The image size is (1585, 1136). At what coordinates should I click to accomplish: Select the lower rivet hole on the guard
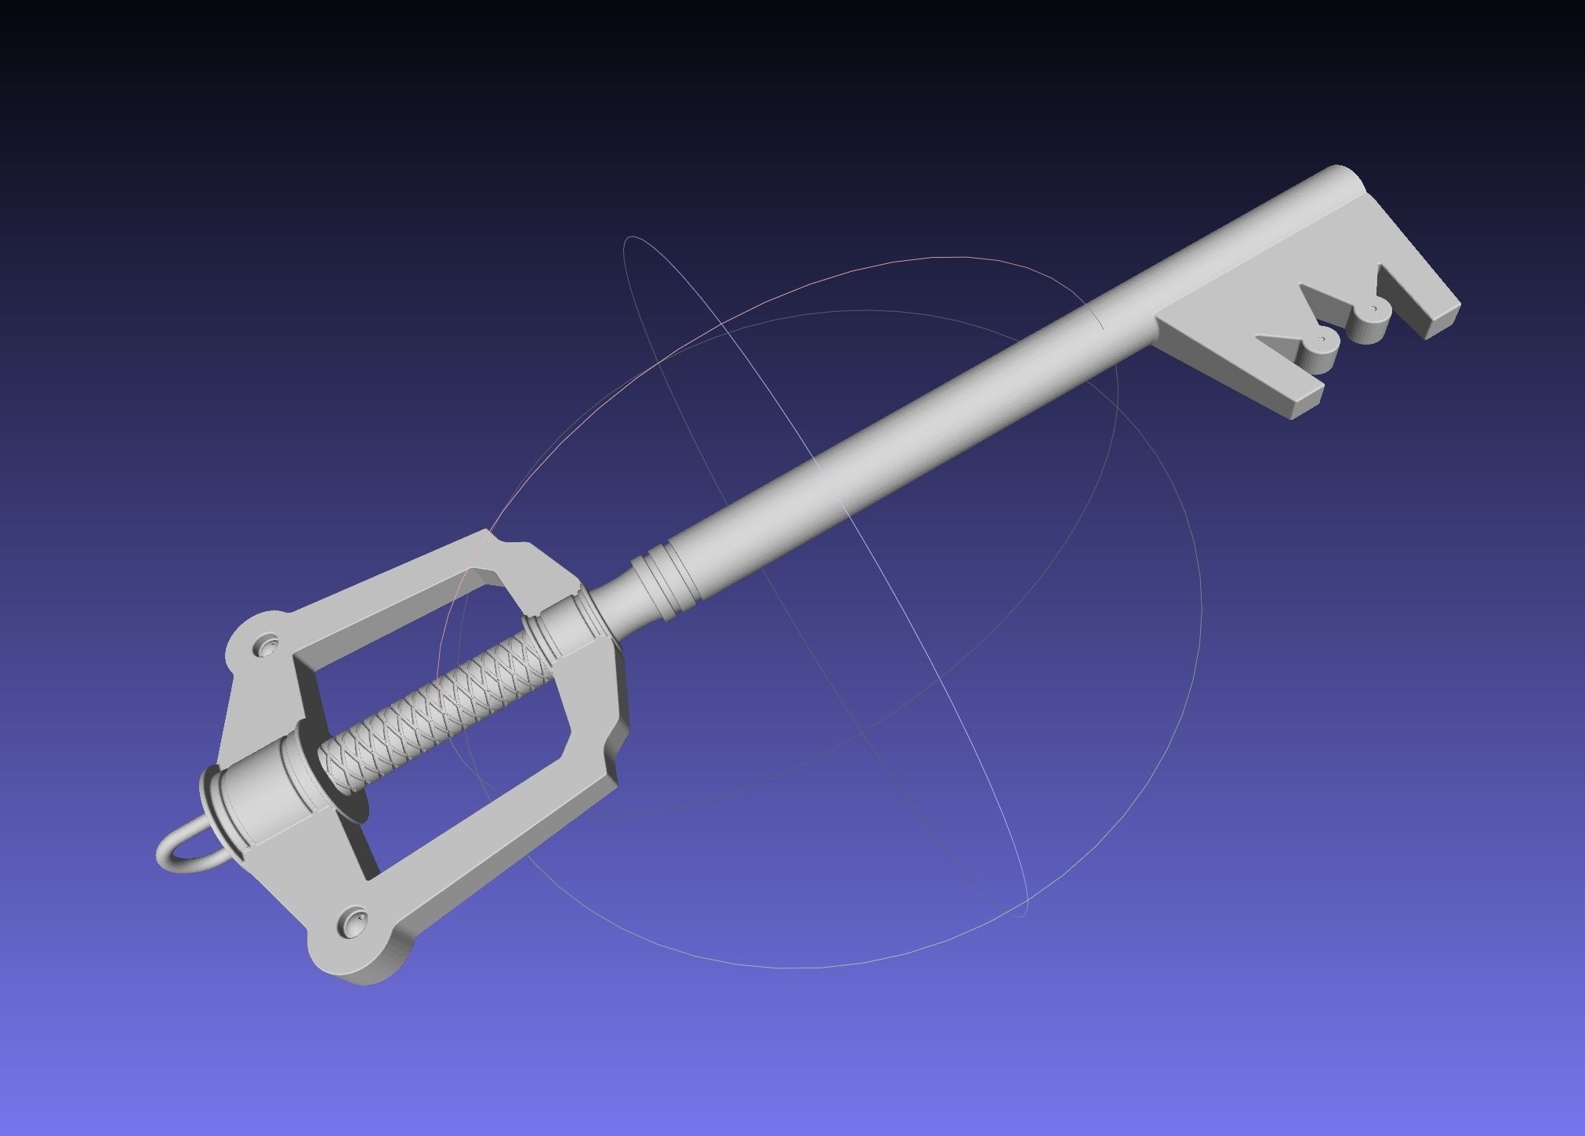point(354,916)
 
